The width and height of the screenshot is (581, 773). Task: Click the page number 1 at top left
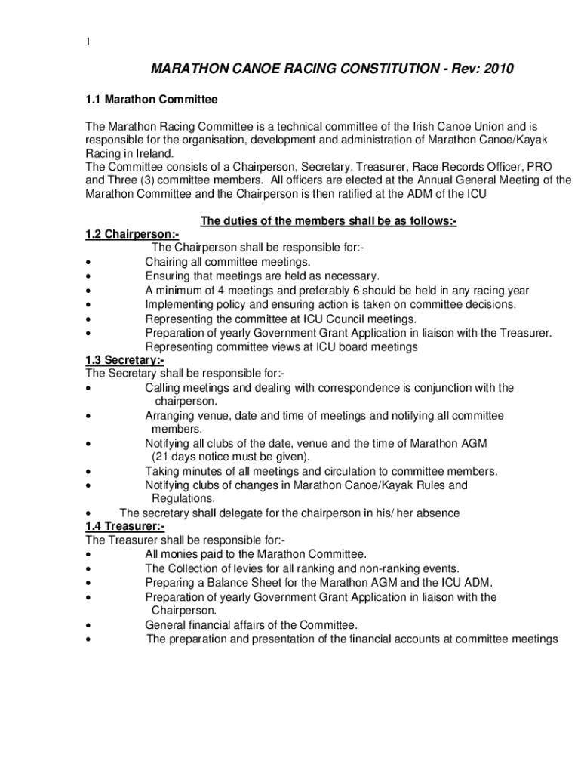point(88,43)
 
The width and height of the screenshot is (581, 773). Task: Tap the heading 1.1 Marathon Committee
point(151,100)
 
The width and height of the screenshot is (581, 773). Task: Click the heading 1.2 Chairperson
point(131,234)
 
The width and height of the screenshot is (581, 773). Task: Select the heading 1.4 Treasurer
point(124,526)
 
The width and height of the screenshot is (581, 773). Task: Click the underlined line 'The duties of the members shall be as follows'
point(328,221)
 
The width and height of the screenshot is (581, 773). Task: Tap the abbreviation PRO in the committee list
point(541,166)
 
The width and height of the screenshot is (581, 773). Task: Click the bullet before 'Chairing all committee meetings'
point(89,263)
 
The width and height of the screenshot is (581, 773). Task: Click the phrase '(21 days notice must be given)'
point(230,457)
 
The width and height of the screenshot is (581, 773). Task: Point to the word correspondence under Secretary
point(345,388)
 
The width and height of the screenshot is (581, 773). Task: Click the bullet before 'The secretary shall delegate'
point(89,513)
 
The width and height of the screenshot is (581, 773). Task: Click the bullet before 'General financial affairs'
point(89,625)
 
